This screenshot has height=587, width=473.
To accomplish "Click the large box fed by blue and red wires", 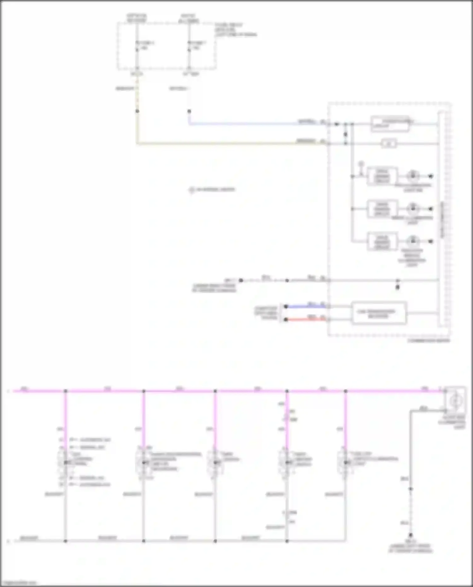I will click(379, 313).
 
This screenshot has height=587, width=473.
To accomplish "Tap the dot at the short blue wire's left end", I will click(286, 306).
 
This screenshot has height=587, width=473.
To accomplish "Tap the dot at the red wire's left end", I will click(286, 320).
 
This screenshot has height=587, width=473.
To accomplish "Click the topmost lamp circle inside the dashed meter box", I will click(412, 176).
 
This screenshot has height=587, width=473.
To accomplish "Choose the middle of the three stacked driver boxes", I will click(382, 209).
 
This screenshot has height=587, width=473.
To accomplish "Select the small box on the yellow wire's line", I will click(388, 144).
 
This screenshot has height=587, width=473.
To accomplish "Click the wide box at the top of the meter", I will click(390, 124).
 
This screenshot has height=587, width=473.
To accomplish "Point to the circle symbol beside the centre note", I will click(191, 190).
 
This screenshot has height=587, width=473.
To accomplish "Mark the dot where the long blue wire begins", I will click(189, 111).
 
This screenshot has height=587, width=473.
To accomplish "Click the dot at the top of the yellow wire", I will click(137, 111).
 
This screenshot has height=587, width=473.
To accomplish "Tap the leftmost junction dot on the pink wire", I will click(66, 391).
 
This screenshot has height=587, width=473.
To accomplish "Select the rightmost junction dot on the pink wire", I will click(346, 391).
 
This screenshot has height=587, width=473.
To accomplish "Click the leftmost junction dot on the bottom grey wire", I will click(66, 541).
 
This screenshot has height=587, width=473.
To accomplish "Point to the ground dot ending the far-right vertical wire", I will click(411, 535).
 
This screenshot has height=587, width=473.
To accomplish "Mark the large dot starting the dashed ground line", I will click(241, 280).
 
